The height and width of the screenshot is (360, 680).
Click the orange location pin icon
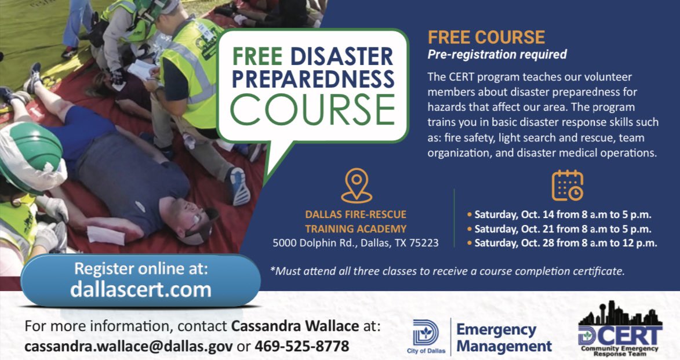356,185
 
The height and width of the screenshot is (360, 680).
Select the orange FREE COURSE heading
486,38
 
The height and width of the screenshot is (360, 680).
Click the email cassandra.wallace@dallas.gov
129,346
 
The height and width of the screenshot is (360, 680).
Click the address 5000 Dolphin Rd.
355,243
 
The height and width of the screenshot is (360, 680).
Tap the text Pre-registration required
497,55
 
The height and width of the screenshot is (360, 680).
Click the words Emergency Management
504,338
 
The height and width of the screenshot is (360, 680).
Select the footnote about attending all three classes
448,271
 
